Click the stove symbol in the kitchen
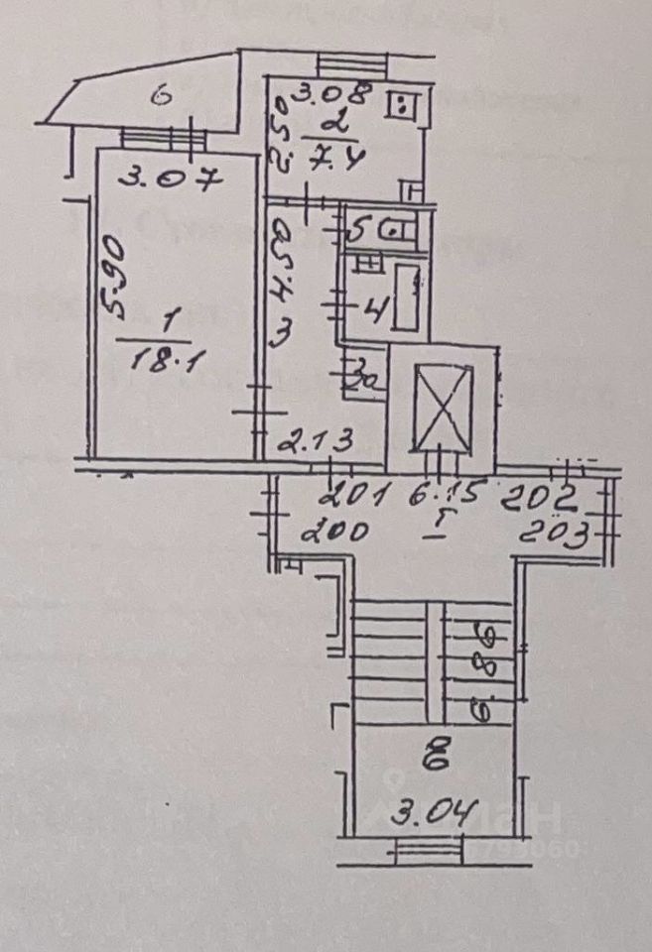point(404,103)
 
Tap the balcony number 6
point(163,96)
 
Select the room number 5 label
point(358,230)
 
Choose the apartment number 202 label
point(537,492)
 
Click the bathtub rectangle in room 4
point(407,297)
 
